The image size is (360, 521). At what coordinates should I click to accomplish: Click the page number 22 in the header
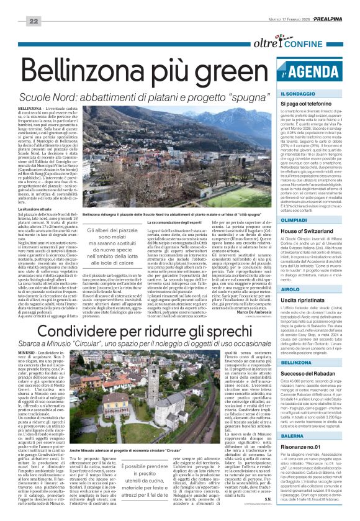pos(16,4)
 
